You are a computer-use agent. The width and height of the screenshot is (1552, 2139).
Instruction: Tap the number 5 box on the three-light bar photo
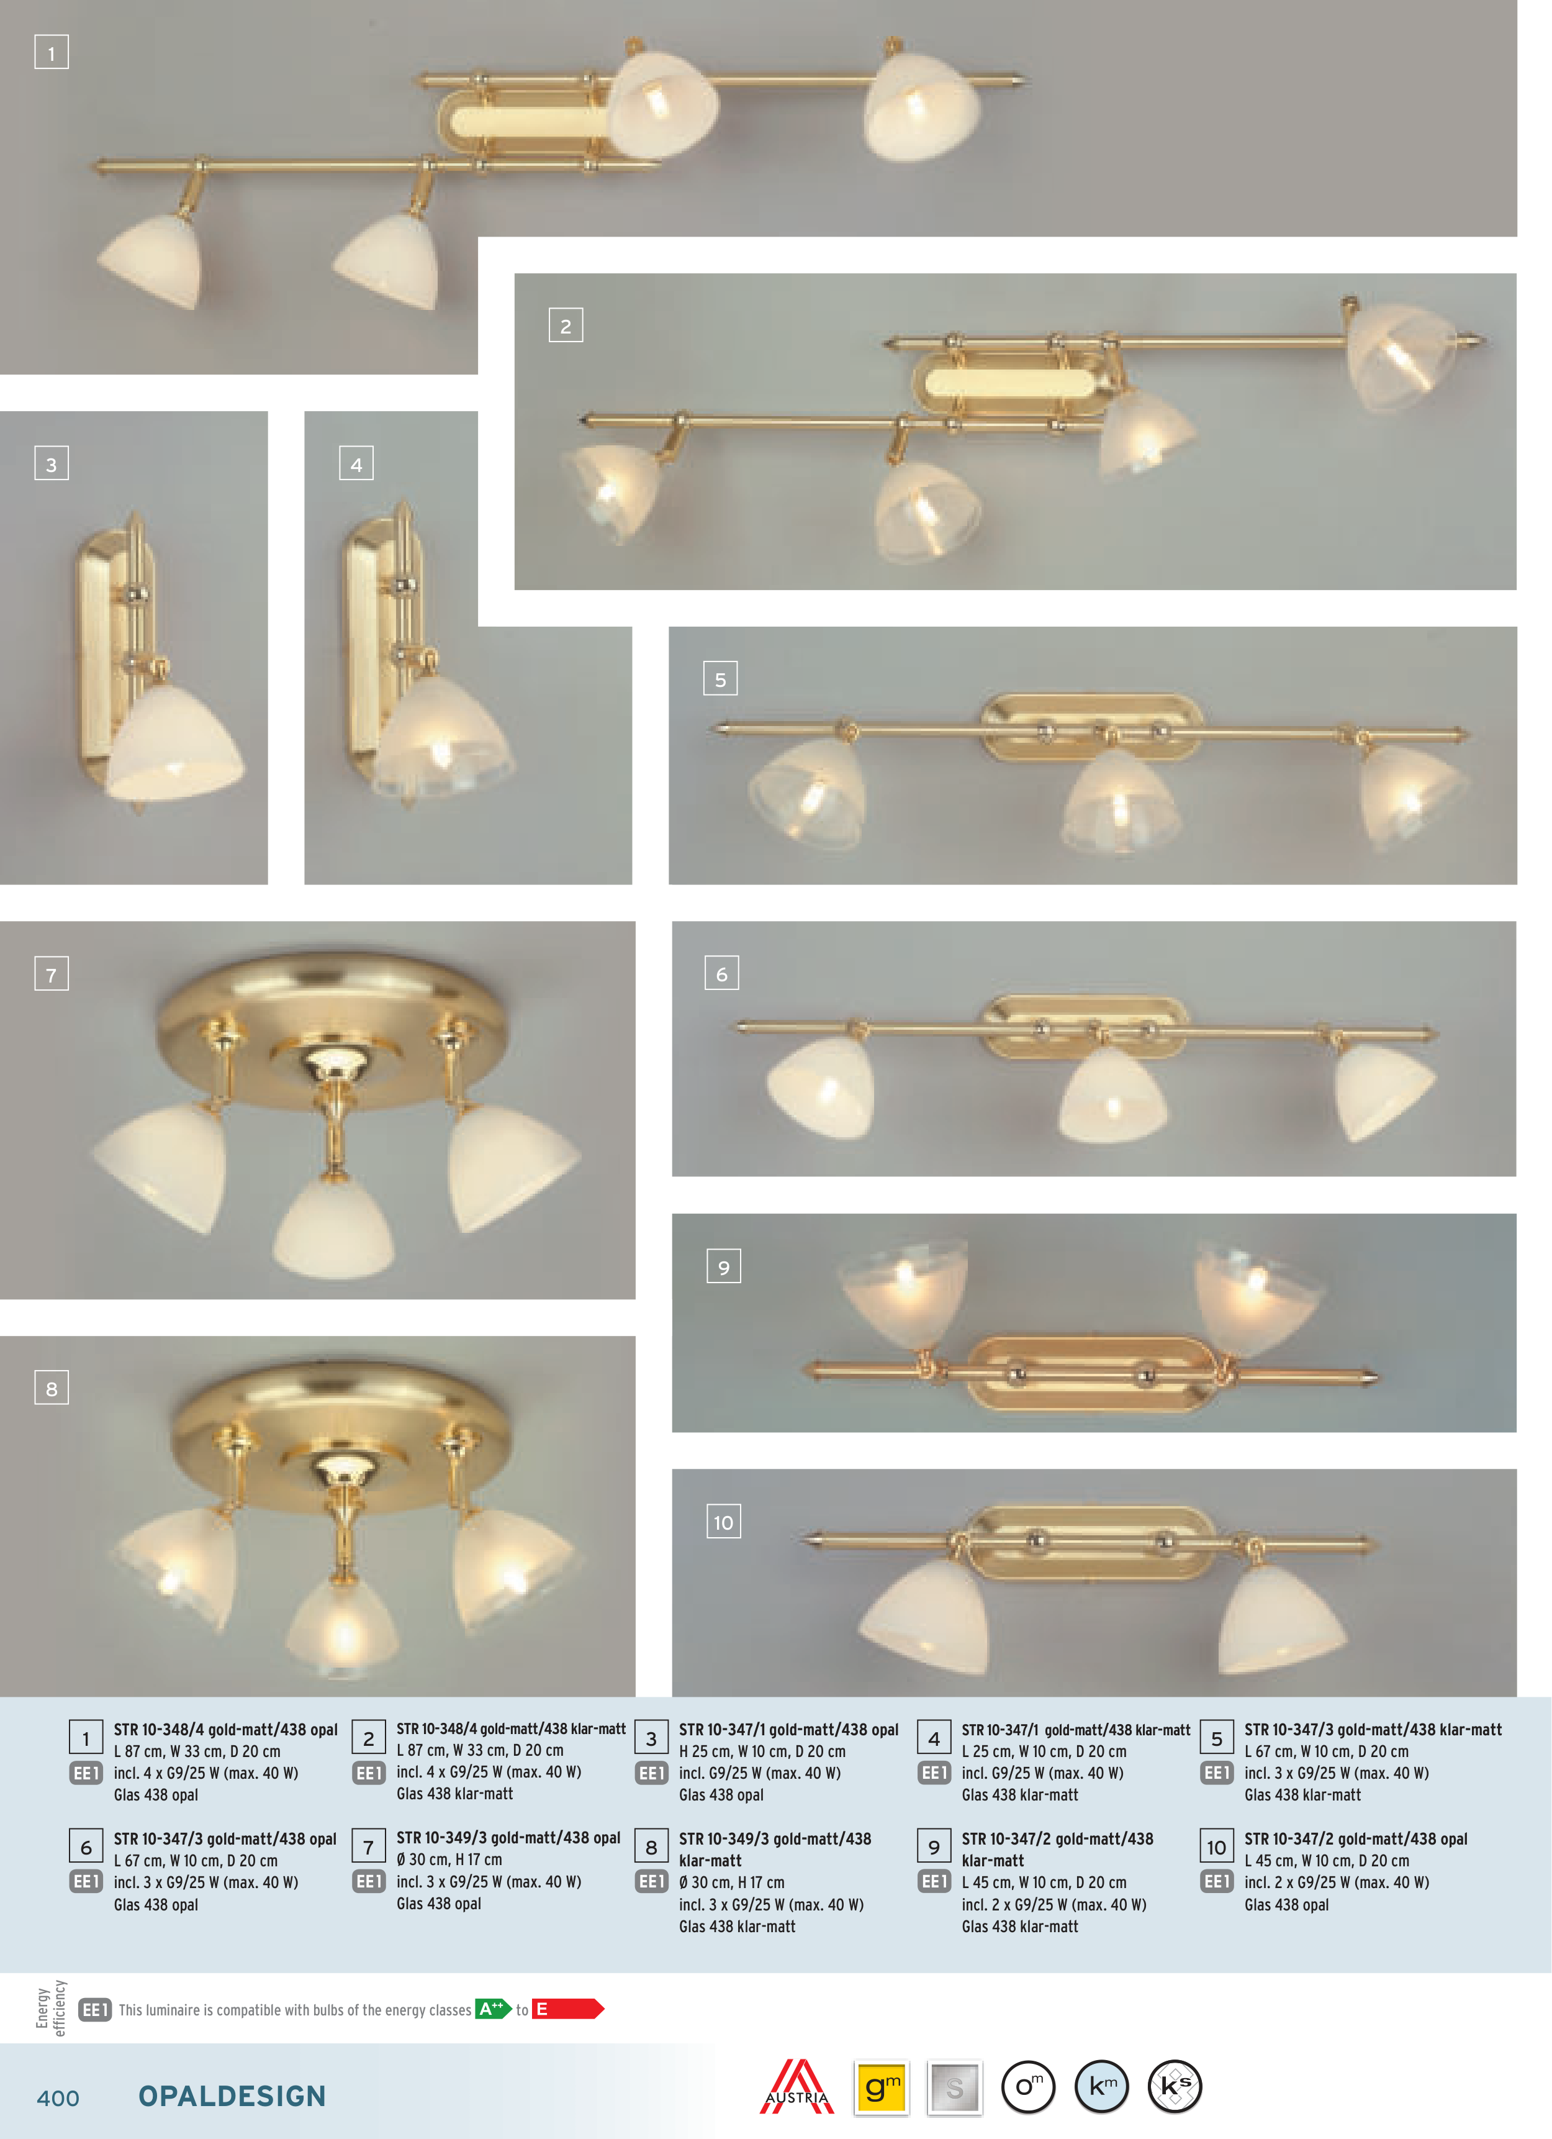tap(720, 678)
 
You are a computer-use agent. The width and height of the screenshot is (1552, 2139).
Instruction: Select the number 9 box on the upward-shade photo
tap(723, 1266)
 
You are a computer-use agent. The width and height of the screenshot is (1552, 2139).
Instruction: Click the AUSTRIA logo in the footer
tap(796, 2086)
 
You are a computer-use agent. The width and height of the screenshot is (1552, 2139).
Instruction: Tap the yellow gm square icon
tap(881, 2087)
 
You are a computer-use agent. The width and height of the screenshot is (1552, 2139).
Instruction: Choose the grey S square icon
tap(954, 2087)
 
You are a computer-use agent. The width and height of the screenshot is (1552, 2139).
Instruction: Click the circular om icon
tap(1028, 2087)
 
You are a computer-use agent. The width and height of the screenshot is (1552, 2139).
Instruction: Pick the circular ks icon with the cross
tap(1175, 2087)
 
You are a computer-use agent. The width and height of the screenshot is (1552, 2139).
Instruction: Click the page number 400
tap(58, 2097)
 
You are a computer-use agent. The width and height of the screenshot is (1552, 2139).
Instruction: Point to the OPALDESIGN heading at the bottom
tap(232, 2096)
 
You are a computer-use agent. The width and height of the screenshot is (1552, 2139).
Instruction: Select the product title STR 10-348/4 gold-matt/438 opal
tap(225, 1730)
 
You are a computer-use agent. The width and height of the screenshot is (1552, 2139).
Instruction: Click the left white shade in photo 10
tap(924, 1615)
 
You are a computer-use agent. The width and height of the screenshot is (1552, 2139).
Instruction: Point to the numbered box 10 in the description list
tap(1216, 1846)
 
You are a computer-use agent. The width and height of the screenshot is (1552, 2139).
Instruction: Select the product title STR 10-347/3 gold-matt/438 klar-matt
tap(1373, 1730)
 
